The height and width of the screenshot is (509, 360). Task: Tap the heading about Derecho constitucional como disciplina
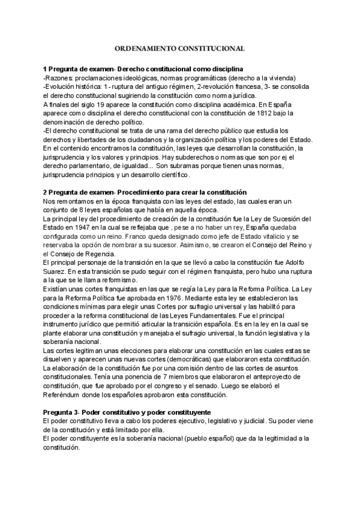pyautogui.click(x=143, y=69)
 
